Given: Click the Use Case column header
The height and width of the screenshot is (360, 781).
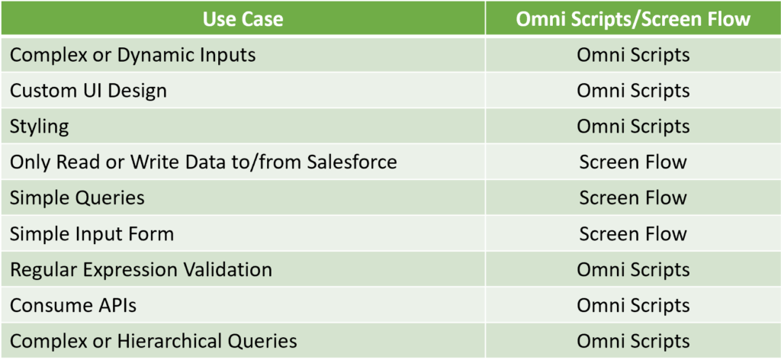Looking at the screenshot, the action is point(243,19).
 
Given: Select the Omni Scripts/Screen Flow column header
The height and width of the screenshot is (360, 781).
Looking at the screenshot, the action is point(633,19).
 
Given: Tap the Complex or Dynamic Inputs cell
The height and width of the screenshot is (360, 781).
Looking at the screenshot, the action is point(133,55).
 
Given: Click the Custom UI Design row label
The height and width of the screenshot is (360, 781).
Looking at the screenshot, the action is point(88,91).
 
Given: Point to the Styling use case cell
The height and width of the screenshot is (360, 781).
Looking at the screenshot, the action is point(40,127).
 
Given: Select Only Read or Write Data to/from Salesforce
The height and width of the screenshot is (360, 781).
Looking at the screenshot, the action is point(203,162).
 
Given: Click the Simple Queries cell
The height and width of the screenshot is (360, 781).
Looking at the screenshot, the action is point(77,198).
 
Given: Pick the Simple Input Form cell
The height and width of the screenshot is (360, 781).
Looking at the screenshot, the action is point(92,233).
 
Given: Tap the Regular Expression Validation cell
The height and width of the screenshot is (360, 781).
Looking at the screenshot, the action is point(141,269).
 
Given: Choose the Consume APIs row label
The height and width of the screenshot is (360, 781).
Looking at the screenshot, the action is point(73,305).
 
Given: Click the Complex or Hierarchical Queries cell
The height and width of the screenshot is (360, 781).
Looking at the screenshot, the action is point(153,341).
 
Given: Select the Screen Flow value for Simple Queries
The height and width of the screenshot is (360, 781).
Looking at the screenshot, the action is point(633,198).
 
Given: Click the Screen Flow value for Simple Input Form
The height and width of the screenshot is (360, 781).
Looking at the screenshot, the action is point(633,233).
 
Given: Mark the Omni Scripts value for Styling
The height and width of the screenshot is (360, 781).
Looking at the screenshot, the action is point(633,127).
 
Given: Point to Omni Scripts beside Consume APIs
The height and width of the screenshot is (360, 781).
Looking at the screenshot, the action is point(633,305).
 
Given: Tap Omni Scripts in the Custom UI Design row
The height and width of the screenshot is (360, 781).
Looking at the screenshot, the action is point(633,91).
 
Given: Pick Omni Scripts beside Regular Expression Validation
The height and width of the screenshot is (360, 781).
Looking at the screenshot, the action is point(633,269).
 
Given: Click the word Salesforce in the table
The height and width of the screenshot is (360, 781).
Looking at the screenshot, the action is point(352,162).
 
